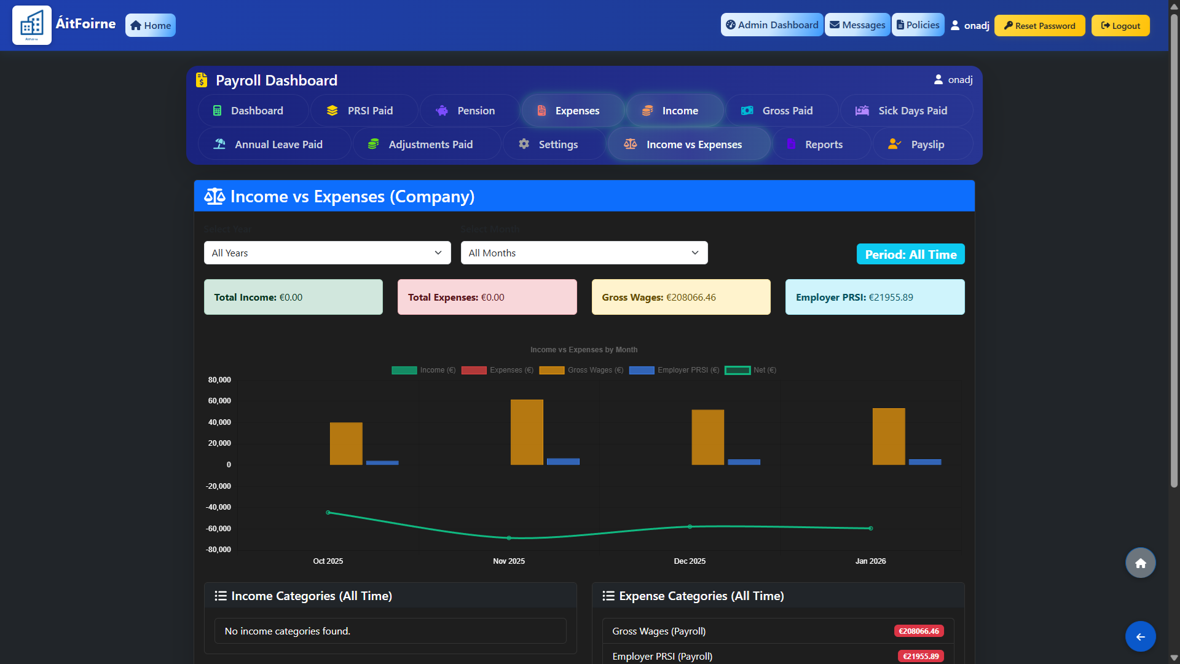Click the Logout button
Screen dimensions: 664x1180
coord(1120,26)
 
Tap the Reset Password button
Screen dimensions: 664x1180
coord(1039,26)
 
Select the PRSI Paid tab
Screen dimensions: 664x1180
coord(364,111)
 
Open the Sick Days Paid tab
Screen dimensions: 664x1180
coord(906,111)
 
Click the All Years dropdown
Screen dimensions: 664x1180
coord(327,253)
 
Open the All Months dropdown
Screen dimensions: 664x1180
coord(584,253)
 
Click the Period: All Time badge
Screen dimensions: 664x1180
coord(910,255)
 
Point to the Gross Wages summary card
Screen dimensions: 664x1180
coord(680,297)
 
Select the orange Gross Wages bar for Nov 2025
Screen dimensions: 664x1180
coord(527,432)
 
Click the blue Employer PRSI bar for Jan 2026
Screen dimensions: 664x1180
coord(924,462)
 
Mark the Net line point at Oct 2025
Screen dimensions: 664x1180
coord(328,512)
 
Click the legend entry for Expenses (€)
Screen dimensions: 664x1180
coord(497,370)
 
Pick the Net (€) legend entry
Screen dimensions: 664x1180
coord(750,370)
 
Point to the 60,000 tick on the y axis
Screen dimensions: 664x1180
coord(219,401)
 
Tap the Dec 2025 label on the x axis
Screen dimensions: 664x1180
coord(690,561)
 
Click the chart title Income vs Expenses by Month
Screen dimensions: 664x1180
coord(584,350)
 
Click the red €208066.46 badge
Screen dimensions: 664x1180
coord(919,631)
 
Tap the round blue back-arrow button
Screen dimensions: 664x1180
coord(1140,637)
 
